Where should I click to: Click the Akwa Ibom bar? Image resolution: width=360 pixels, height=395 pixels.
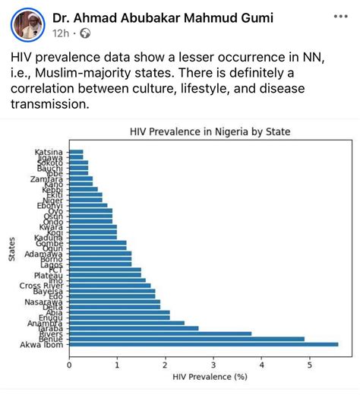204,344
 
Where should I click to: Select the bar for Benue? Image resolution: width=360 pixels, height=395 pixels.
187,339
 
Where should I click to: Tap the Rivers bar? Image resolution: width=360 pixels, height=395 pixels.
160,333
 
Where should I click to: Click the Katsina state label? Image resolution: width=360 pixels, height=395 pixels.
49,153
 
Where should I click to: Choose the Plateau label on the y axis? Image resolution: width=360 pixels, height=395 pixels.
49,274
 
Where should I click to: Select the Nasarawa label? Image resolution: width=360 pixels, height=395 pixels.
48,302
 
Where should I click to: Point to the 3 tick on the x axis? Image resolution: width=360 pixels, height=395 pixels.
213,363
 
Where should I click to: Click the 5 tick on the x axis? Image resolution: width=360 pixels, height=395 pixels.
309,363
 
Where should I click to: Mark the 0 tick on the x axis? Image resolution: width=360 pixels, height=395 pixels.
69,363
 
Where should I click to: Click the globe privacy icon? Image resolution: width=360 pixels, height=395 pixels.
85,33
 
